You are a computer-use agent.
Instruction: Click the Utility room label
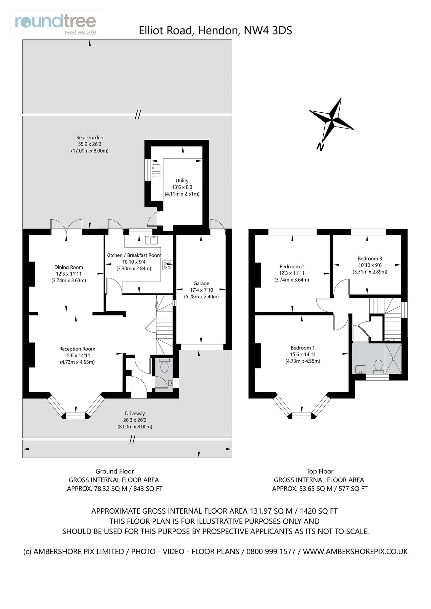(182, 181)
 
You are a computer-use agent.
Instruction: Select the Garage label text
(201, 284)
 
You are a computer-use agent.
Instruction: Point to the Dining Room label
(69, 267)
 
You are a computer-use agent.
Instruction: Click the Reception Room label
(77, 349)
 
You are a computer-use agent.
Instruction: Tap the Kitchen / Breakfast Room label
(134, 255)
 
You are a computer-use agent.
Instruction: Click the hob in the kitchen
(167, 265)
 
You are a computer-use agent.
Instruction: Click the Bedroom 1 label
(303, 348)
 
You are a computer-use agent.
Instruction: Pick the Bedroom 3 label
(370, 258)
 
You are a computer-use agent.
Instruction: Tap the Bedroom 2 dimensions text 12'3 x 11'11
(292, 273)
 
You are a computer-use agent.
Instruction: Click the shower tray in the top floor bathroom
(393, 358)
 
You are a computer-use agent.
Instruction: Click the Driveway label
(135, 413)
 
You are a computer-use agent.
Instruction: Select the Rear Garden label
(90, 138)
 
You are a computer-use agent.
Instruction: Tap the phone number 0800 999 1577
(271, 551)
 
